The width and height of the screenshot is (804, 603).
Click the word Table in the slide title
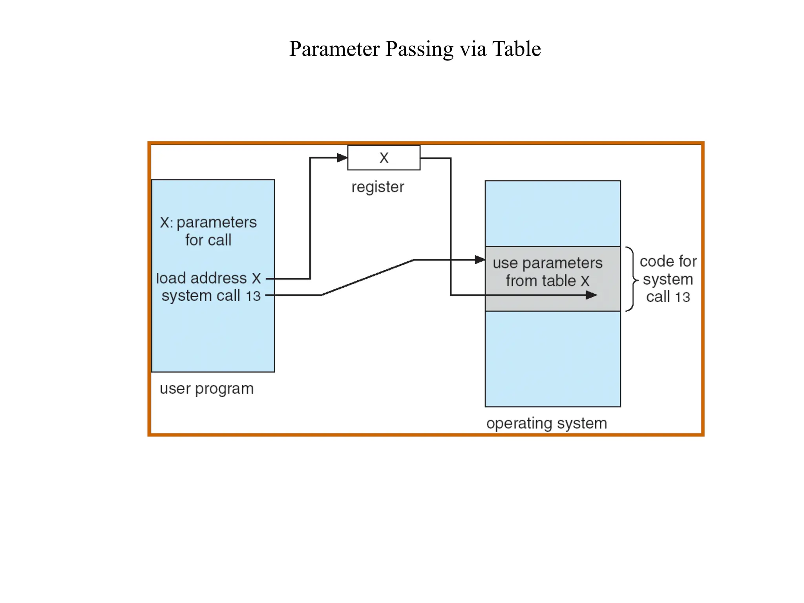coord(516,49)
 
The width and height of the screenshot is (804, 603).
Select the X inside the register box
coord(384,158)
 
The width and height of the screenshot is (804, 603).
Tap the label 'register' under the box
coord(377,187)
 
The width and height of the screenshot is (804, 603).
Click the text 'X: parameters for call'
coord(208,231)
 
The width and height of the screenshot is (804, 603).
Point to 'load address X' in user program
coord(208,278)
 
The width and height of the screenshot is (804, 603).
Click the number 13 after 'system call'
coord(253,296)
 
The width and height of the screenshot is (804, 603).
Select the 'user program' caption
coord(206,389)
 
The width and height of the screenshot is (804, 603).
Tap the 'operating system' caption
coord(546,423)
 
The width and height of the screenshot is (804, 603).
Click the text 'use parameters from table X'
coord(548,272)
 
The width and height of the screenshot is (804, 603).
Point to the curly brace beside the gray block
coord(632,279)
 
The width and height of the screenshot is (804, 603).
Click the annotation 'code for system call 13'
coord(668,279)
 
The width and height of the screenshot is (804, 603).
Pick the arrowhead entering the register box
coord(342,158)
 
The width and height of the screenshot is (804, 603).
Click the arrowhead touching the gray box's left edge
coord(480,259)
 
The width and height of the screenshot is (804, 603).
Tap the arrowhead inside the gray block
coord(591,295)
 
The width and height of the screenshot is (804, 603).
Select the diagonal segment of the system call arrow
coord(367,277)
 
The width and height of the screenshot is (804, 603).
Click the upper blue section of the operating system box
coord(552,214)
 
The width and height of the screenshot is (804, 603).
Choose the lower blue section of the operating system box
coord(552,358)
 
